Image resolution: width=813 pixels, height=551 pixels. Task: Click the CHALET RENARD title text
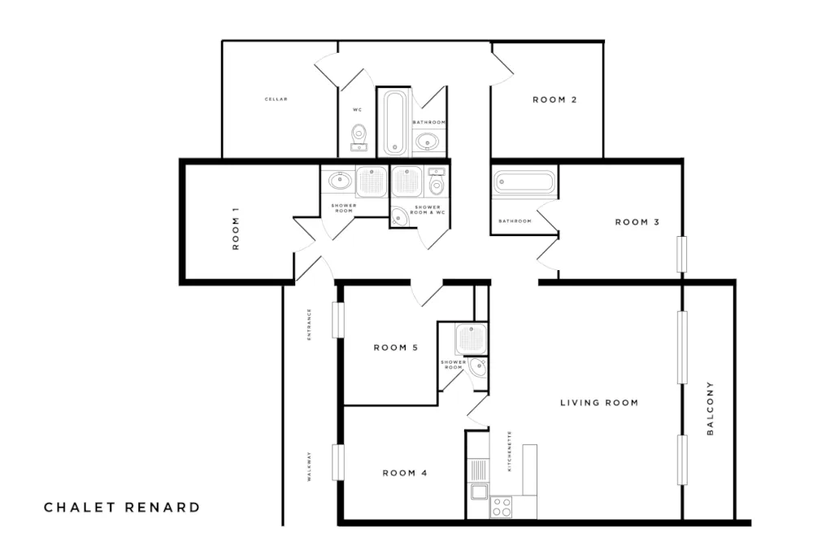coord(121,507)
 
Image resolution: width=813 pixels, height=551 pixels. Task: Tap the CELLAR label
coord(276,99)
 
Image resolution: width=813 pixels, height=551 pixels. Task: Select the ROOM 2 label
coord(554,100)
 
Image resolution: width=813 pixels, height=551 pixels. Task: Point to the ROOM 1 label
coord(236,230)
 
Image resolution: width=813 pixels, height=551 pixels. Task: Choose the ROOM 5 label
coord(395,348)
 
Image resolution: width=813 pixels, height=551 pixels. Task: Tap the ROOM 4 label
coord(405,473)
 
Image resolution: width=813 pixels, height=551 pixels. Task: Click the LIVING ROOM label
coord(599,403)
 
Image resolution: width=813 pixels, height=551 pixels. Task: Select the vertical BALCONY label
coord(710,409)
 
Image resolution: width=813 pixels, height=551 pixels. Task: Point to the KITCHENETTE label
coord(510,452)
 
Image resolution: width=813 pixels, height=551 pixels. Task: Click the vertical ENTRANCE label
coord(309,323)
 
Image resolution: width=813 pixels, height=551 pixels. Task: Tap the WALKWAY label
coord(309,468)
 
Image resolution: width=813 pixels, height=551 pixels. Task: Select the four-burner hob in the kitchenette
coord(502,507)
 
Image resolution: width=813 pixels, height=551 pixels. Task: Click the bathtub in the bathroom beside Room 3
coord(524,182)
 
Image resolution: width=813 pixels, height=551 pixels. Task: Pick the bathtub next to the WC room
coord(394,122)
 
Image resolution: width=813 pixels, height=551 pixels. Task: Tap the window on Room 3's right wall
coord(682,255)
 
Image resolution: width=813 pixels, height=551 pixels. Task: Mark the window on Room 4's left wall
coord(337,462)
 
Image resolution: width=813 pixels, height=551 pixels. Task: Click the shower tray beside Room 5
coord(471,339)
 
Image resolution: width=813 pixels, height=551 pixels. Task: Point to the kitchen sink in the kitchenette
coord(478,491)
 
